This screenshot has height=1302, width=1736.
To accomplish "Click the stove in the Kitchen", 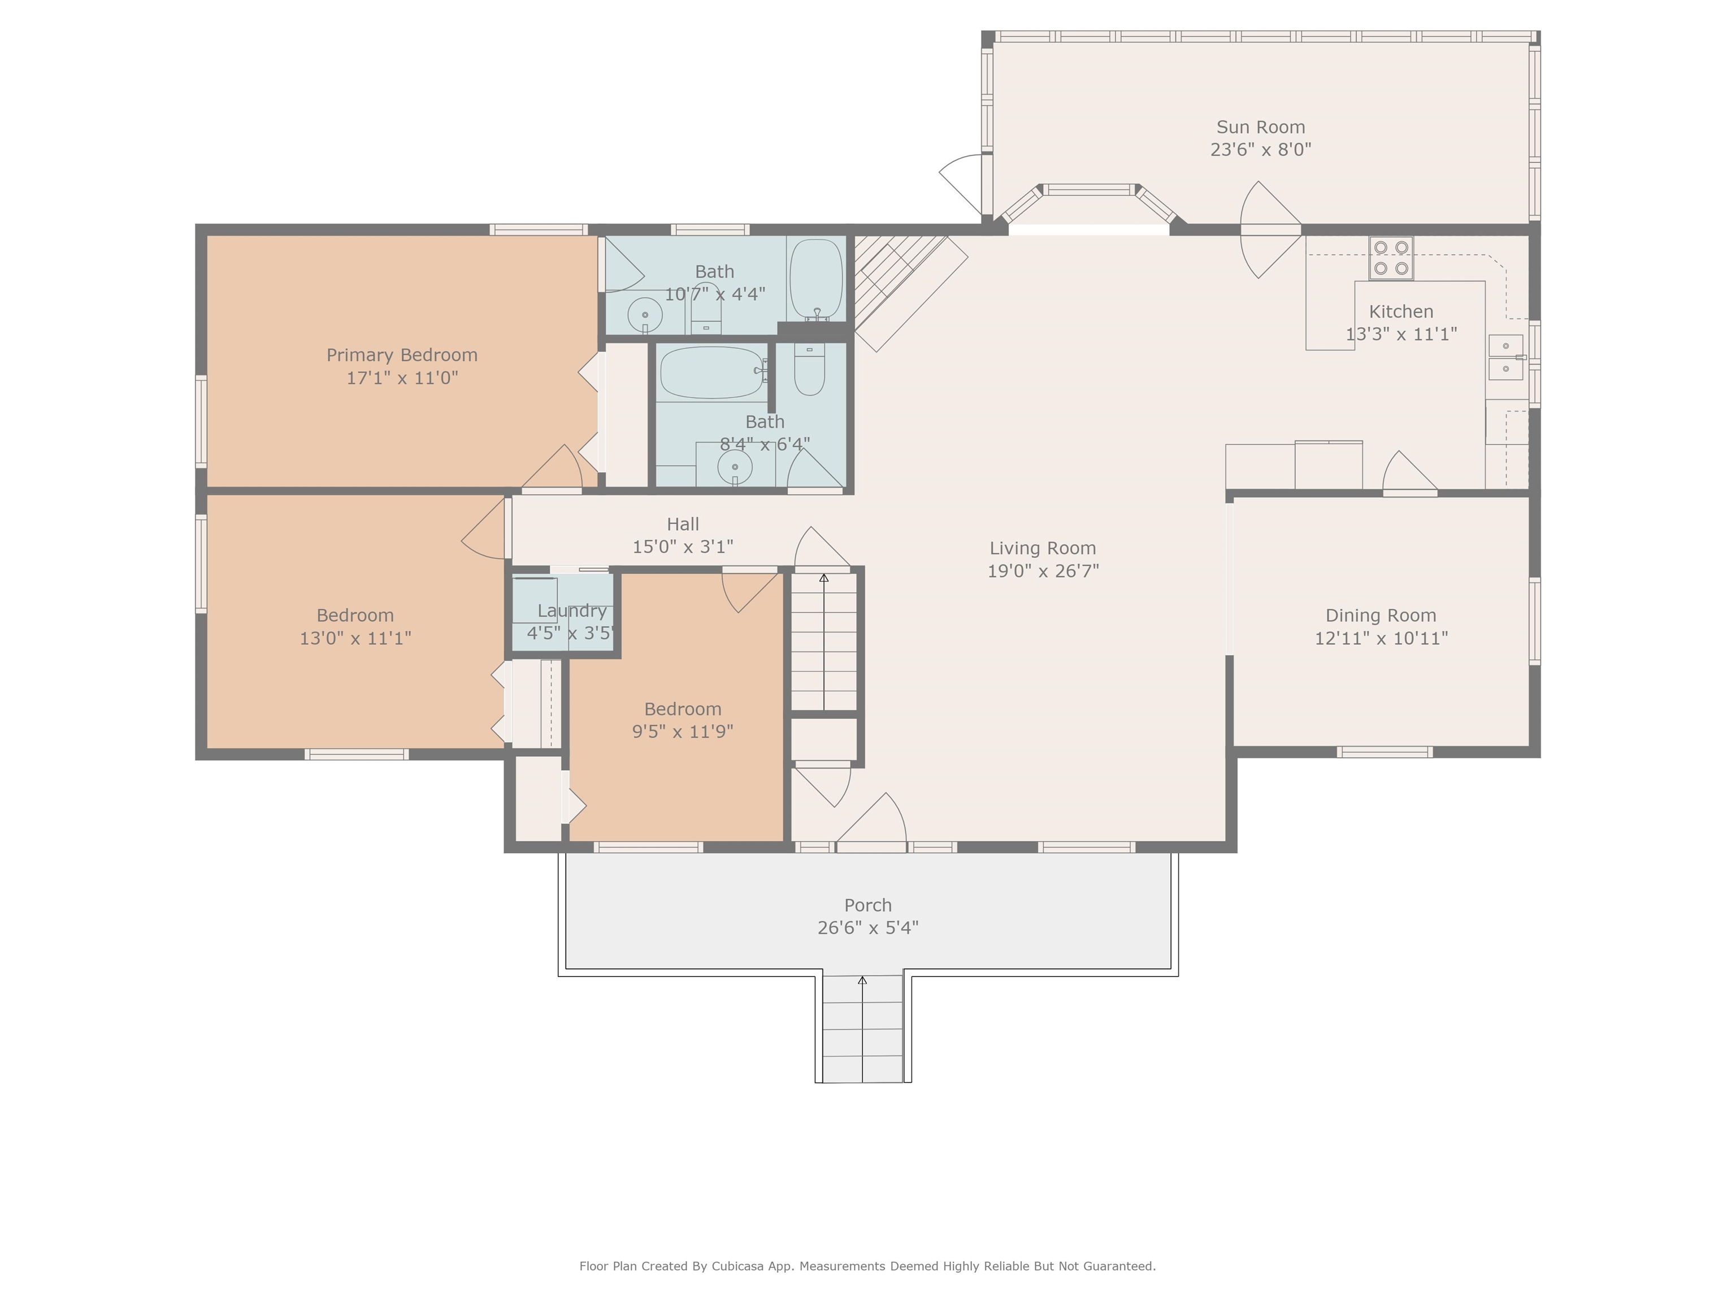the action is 1391,258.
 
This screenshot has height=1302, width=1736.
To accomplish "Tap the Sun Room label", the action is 1260,127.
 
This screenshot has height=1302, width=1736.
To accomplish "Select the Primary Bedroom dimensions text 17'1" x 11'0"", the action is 402,377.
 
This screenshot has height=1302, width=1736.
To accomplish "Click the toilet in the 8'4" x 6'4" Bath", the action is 809,369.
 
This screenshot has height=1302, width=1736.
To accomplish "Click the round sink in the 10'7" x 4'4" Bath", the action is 645,315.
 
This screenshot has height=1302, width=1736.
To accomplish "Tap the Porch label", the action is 868,905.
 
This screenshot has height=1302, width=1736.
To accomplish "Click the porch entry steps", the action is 862,1029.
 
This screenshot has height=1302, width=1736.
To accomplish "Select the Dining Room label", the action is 1381,615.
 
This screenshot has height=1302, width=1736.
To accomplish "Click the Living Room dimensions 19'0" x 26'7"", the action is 1043,571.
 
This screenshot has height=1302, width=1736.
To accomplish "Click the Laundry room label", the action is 572,610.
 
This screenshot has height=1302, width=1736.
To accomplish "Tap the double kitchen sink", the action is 1505,357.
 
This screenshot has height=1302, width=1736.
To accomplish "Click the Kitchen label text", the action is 1401,311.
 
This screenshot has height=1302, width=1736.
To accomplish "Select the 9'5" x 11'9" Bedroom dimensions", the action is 683,731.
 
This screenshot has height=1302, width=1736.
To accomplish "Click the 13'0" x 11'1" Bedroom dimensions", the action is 355,638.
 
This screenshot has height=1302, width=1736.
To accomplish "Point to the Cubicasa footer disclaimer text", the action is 867,1266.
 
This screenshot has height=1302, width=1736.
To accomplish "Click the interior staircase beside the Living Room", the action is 823,642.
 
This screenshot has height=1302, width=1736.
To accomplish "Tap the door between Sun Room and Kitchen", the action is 1270,230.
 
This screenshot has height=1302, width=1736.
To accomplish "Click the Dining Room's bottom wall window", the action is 1385,752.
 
